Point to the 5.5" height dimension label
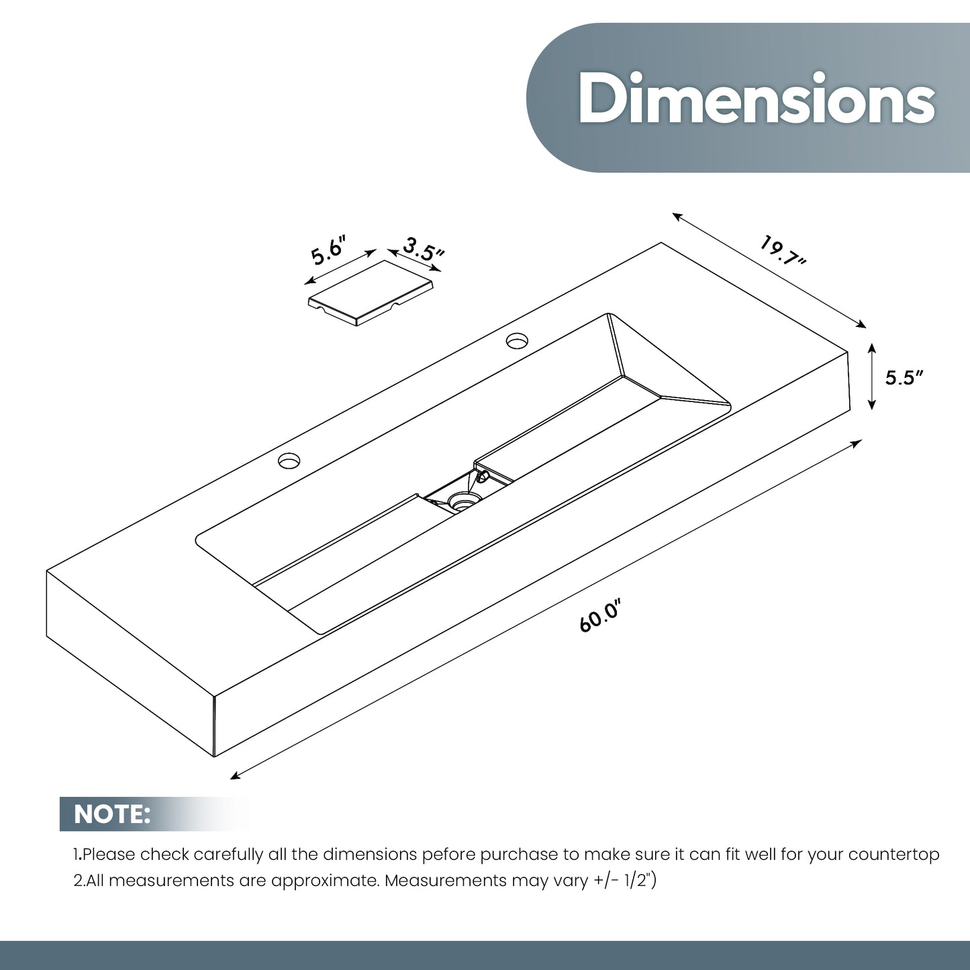904,377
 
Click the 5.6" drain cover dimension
329,249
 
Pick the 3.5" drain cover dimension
424,248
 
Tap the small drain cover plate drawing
371,293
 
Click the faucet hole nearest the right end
516,340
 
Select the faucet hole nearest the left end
289,460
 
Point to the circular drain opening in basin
460,502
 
